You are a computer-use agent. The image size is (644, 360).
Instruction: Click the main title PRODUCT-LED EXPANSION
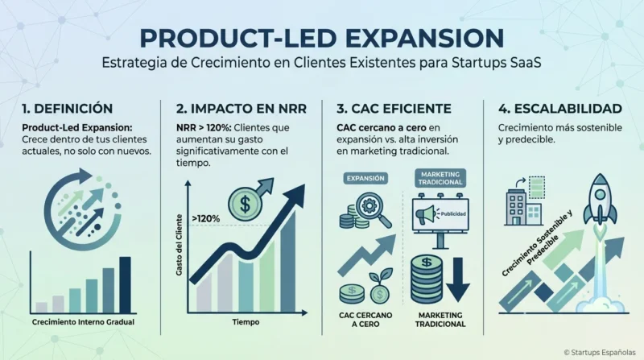(x=321, y=38)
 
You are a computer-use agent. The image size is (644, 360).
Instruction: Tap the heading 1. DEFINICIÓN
(x=68, y=109)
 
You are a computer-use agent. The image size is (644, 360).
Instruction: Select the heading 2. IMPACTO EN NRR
(x=242, y=109)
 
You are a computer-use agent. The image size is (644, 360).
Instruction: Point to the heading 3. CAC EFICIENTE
(x=394, y=109)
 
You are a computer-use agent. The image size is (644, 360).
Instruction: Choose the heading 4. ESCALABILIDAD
(x=560, y=109)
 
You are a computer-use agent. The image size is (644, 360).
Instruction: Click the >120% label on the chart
(x=206, y=218)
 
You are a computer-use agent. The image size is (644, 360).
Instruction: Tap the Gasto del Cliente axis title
(x=179, y=245)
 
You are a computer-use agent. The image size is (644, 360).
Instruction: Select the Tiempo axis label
(x=246, y=322)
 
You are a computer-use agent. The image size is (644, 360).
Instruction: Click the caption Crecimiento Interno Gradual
(x=83, y=322)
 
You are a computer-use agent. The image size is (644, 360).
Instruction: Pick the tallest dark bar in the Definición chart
(x=126, y=285)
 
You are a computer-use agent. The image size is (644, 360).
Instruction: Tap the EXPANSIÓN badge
(x=365, y=178)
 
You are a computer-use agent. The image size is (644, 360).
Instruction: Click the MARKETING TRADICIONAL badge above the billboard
(x=440, y=178)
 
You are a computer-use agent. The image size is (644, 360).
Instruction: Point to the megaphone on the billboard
(x=426, y=214)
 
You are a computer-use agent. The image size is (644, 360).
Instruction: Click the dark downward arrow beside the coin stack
(x=458, y=279)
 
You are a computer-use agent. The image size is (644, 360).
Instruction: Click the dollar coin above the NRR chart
(x=245, y=205)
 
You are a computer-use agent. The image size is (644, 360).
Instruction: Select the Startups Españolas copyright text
(x=600, y=353)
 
